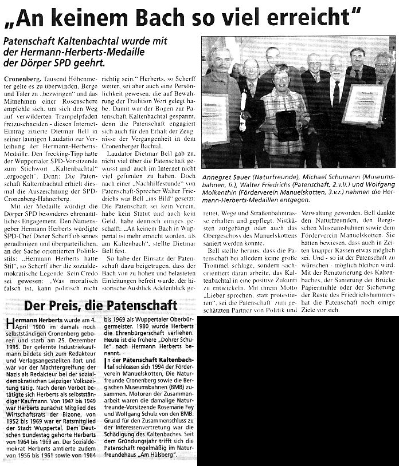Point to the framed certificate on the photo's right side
point(362,104)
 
